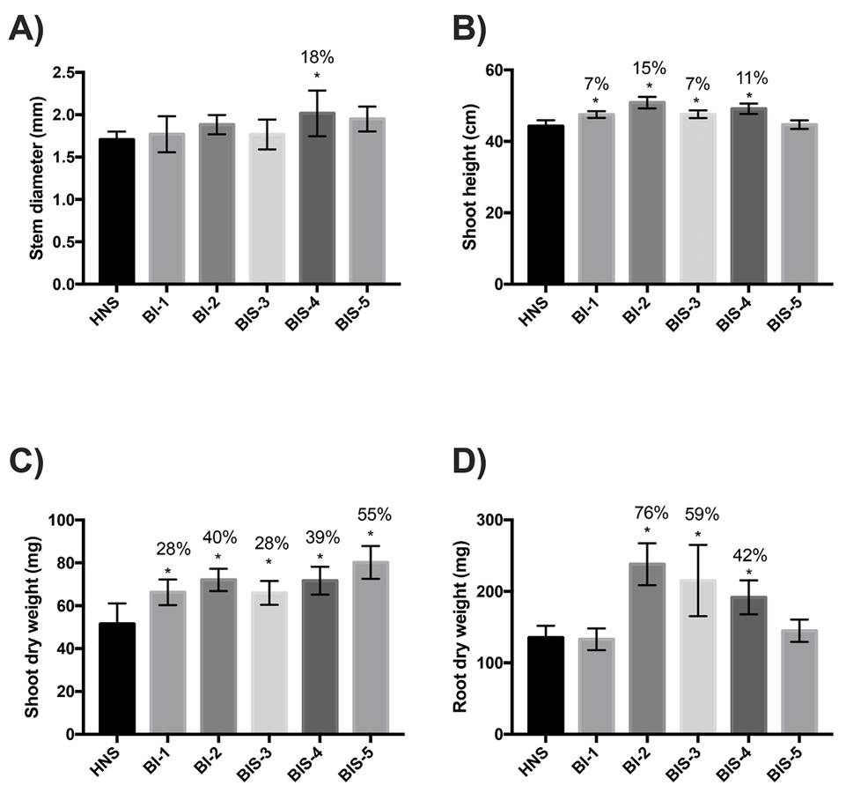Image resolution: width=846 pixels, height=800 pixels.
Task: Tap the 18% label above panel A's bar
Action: (x=317, y=57)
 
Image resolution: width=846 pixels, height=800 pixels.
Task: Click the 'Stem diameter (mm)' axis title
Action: (x=36, y=178)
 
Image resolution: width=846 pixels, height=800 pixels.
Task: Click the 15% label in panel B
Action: (x=649, y=68)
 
